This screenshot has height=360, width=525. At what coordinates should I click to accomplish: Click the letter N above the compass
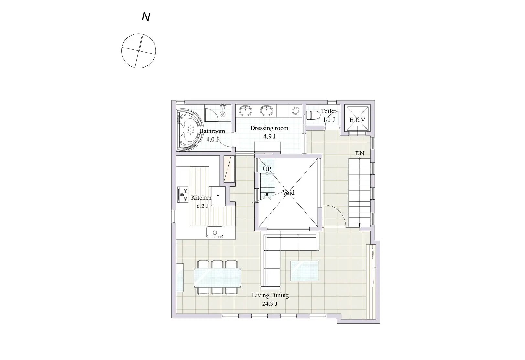point(146,17)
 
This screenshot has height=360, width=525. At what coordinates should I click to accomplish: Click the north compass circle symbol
point(138,51)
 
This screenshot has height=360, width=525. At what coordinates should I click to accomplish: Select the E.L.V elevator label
point(357,120)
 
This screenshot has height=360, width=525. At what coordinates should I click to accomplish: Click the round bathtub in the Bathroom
point(189,130)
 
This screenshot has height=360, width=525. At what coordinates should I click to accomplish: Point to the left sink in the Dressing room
point(245,111)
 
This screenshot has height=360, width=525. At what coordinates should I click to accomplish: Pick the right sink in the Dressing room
point(266,111)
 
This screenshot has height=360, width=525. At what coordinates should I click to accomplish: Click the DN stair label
point(359,154)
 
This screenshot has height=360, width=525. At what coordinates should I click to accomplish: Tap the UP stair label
point(267,169)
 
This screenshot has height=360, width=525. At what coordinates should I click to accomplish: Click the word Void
point(288,193)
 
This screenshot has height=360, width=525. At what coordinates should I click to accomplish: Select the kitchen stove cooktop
point(183,195)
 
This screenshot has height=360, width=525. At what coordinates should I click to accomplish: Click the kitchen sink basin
point(215,232)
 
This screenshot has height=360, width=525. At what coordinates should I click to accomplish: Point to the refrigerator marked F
point(219,196)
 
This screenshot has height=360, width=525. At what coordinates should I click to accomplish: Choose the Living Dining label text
point(270,295)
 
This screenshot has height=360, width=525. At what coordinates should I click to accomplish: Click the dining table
point(218,278)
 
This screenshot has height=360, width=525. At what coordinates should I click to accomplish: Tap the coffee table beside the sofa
point(305,271)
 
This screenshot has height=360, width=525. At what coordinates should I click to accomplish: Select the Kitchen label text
point(201,198)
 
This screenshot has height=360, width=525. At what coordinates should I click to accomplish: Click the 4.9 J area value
point(270,136)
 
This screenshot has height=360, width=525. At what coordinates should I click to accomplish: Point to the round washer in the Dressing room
point(296,111)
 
